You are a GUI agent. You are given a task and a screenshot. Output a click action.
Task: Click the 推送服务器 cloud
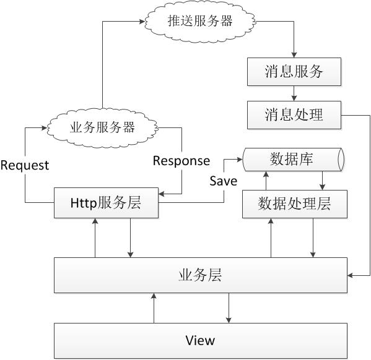200,21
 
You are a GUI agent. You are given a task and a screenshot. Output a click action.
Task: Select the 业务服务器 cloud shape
102,127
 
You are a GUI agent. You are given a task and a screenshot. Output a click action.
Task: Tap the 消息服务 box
294,72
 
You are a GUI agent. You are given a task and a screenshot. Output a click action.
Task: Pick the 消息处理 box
294,115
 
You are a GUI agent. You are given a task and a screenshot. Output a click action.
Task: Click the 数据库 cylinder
294,160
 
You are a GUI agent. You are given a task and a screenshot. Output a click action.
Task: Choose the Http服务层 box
107,203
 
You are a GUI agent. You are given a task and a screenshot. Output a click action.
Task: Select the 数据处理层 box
295,204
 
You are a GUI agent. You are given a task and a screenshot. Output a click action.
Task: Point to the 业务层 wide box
201,275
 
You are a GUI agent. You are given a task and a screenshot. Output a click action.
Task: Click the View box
201,341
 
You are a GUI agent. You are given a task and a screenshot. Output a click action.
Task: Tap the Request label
25,165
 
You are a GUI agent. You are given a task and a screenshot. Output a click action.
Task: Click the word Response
181,161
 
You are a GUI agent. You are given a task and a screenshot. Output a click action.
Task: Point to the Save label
224,181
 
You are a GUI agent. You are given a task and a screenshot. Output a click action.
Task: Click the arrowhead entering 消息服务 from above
294,54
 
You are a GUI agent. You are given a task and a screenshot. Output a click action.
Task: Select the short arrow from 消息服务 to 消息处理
294,93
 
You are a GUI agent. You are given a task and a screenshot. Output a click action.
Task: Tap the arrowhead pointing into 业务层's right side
351,275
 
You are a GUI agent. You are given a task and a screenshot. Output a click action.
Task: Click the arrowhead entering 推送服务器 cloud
142,22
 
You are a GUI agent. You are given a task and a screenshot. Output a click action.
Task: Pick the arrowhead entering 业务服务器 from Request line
44,128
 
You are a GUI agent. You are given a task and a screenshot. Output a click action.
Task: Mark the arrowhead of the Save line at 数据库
240,160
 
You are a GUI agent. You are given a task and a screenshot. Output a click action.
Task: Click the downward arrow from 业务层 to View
229,308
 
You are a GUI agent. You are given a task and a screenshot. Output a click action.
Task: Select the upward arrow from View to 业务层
154,308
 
